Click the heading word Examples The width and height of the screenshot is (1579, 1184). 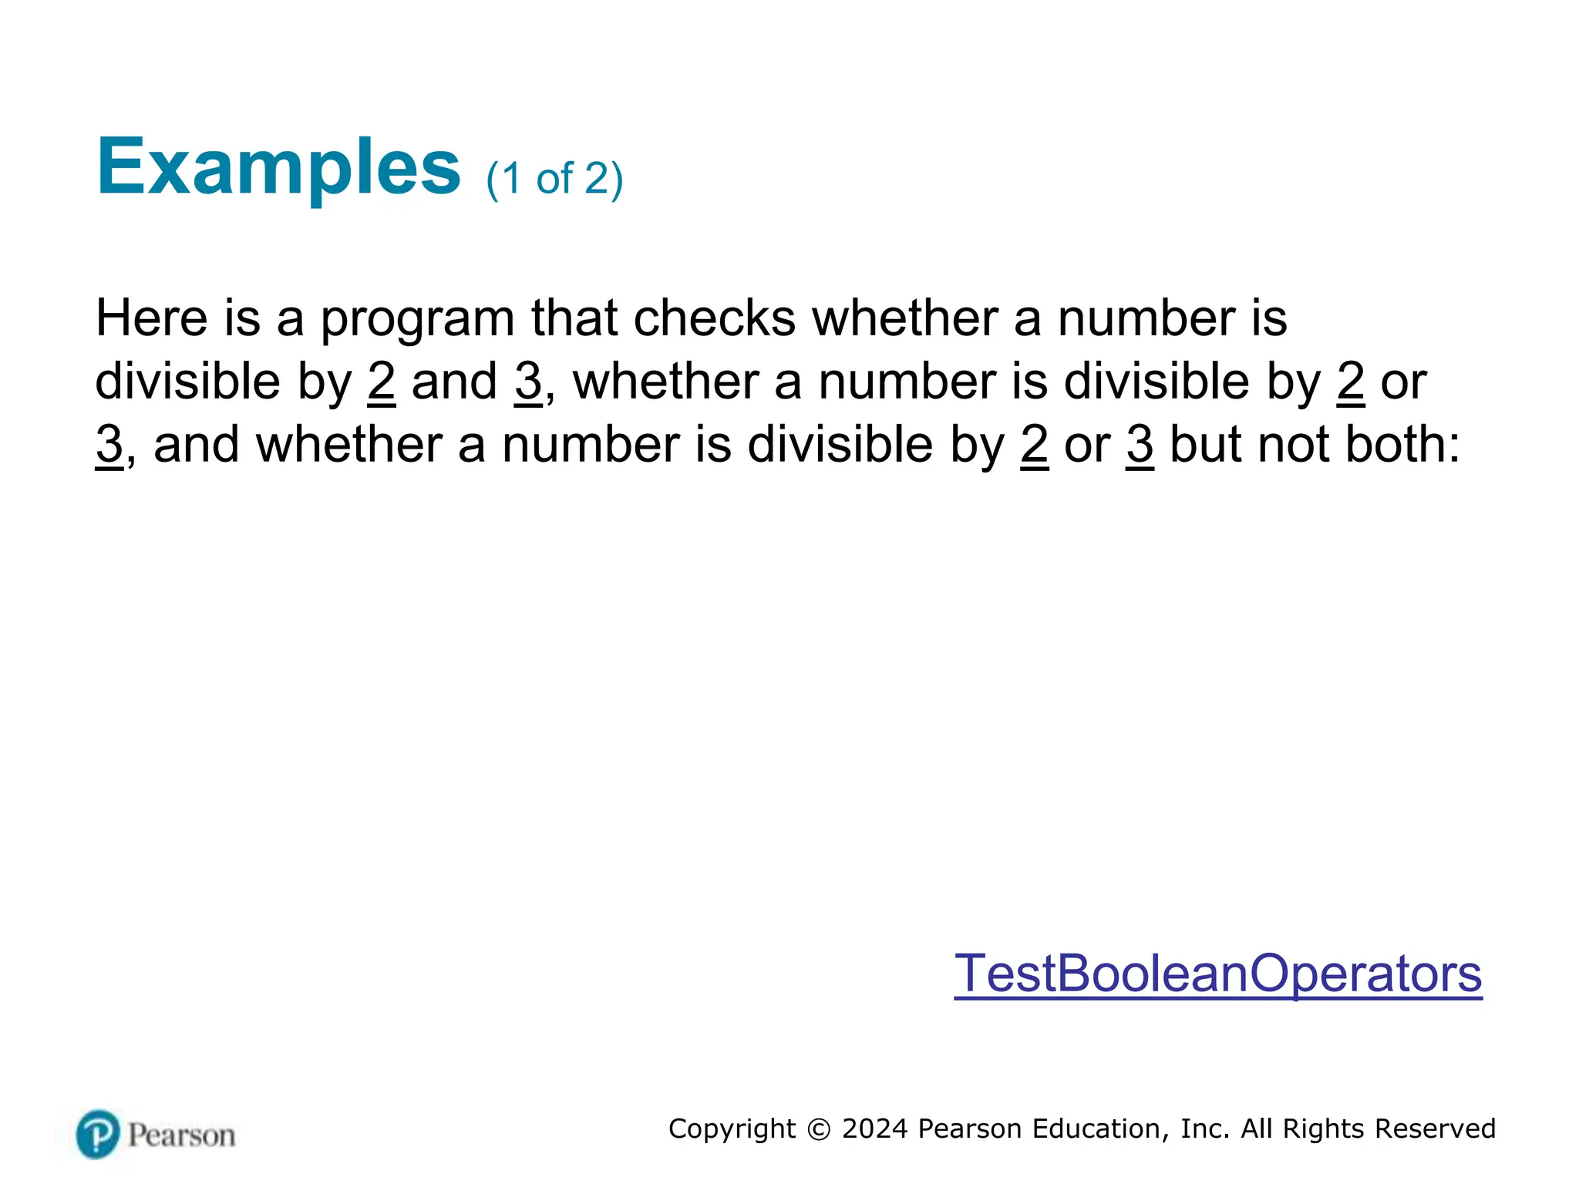(278, 167)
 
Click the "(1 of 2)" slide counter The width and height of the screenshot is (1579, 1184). (554, 179)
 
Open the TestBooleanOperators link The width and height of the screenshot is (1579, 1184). (1217, 973)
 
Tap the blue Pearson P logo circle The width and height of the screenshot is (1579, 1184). (98, 1134)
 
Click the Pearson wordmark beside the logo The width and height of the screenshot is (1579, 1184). (182, 1135)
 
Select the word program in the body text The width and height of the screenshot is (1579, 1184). (417, 318)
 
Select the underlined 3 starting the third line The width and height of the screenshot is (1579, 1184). (109, 445)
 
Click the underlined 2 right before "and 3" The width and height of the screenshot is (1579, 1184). (382, 382)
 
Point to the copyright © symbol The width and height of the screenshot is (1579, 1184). (819, 1129)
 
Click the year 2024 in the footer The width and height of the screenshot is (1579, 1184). (875, 1128)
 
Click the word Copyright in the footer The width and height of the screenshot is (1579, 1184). (732, 1129)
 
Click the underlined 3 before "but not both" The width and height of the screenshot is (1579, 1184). (1140, 445)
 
